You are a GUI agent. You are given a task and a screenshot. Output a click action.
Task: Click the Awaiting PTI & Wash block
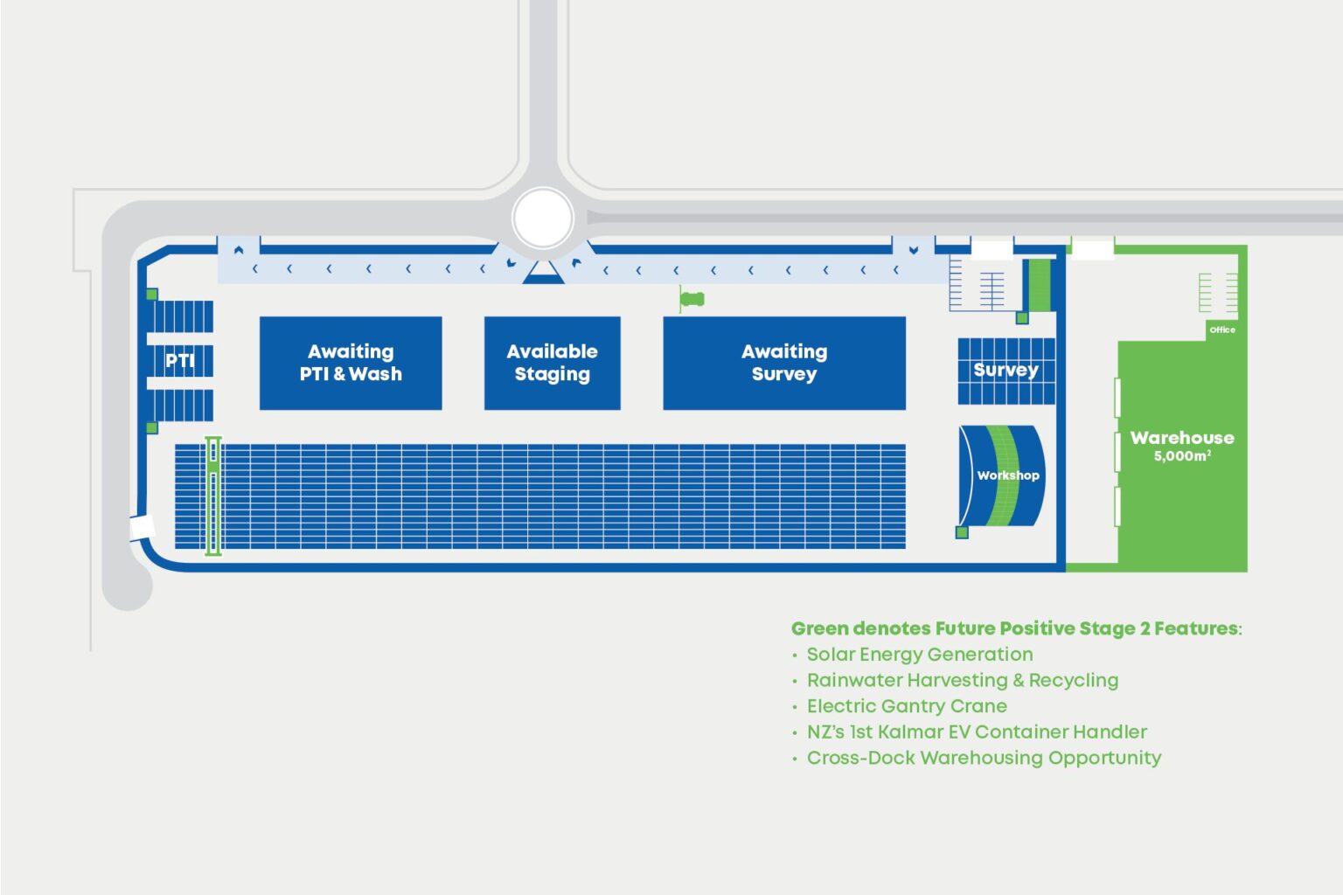351,364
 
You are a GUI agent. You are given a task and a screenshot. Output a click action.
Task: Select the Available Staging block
553,364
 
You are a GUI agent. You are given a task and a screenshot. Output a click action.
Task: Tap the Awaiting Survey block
784,364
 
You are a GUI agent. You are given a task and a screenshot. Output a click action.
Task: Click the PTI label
180,361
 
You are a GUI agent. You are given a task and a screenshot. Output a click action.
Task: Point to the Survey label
1006,371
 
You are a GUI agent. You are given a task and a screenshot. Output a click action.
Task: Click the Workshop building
1002,476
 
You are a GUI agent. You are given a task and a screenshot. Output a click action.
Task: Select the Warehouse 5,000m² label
1182,446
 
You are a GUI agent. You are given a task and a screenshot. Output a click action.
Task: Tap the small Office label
1221,330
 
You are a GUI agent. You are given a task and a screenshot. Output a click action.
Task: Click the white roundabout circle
543,219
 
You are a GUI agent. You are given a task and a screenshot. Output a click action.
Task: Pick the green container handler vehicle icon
692,299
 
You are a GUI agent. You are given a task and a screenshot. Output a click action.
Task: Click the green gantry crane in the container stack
213,496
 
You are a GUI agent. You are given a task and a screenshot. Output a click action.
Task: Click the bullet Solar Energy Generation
920,655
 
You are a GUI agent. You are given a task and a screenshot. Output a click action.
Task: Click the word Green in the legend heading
819,628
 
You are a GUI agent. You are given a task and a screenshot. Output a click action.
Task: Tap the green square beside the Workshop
962,532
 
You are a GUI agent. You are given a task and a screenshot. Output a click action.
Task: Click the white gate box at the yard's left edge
143,528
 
